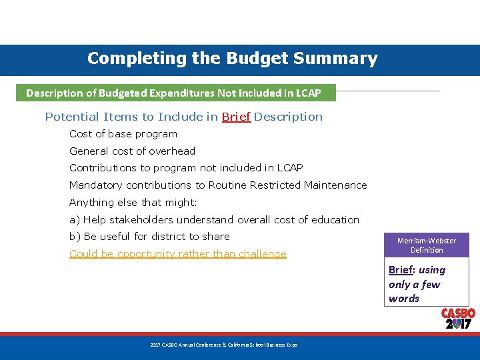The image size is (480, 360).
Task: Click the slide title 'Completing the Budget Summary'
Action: pyautogui.click(x=232, y=59)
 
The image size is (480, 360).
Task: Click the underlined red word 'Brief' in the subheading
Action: pyautogui.click(x=236, y=117)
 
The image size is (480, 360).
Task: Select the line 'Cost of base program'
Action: pyautogui.click(x=123, y=134)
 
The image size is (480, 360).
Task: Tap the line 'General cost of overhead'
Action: pyautogui.click(x=132, y=151)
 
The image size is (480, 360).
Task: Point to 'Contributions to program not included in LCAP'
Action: pyautogui.click(x=186, y=168)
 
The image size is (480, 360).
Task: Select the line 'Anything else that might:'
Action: pyautogui.click(x=133, y=203)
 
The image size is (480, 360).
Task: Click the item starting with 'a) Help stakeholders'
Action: pyautogui.click(x=214, y=220)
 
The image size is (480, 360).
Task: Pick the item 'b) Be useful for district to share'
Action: pyautogui.click(x=149, y=237)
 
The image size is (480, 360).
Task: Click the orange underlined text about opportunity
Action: pyautogui.click(x=177, y=254)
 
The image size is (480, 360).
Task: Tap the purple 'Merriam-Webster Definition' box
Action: pyautogui.click(x=427, y=245)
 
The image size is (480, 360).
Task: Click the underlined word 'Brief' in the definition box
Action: pyautogui.click(x=401, y=270)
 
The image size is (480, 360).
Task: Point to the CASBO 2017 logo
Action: pyautogui.click(x=458, y=319)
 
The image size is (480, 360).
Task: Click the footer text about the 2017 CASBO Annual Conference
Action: pyautogui.click(x=223, y=345)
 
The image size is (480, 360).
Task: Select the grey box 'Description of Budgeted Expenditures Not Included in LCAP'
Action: pyautogui.click(x=173, y=93)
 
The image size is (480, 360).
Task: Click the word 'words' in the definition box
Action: pyautogui.click(x=404, y=299)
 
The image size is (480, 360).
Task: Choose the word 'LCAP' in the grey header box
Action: pyautogui.click(x=307, y=93)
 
